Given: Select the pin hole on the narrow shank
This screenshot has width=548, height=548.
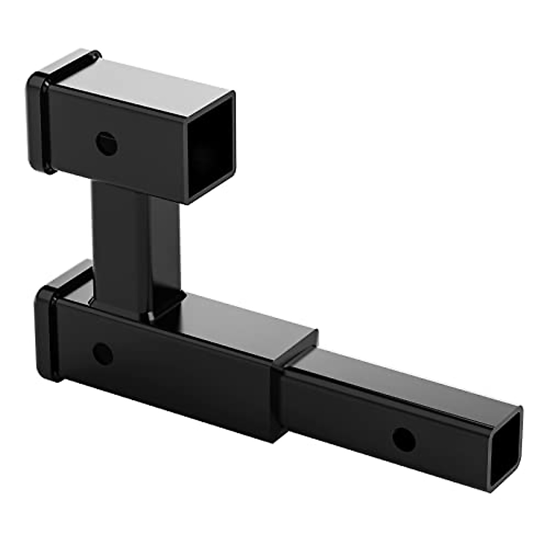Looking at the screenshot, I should click(x=404, y=439).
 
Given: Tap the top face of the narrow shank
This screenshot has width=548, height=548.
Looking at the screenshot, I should click(x=402, y=384).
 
